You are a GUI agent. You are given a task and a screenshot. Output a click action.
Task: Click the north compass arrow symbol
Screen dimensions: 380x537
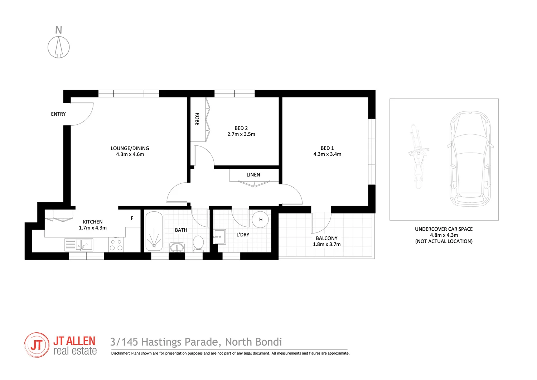pos(59,47)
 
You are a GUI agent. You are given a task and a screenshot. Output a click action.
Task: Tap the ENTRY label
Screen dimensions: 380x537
pos(58,114)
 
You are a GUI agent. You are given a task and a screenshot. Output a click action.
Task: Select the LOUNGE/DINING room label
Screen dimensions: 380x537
pos(130,148)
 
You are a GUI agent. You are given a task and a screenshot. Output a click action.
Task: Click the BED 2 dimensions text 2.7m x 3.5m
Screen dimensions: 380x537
pos(241,134)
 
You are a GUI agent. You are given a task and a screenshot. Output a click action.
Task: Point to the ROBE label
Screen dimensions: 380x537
pos(197,119)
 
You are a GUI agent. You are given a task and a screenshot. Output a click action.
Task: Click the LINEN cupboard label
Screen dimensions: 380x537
pos(253,175)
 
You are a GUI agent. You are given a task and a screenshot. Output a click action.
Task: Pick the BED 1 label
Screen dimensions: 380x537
pos(327,148)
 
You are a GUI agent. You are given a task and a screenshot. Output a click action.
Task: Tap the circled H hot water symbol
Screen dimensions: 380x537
pos(261,220)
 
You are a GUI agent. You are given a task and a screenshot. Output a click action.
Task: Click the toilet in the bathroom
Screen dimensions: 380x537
pos(198,243)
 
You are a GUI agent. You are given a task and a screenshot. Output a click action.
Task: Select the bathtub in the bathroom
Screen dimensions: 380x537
pos(154,231)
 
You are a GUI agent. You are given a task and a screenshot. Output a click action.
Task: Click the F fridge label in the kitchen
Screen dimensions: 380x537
pos(132,218)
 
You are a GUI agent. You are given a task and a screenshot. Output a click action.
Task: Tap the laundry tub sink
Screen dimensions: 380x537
pos(219,237)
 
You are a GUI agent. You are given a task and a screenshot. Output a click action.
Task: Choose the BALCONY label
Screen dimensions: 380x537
pos(326,238)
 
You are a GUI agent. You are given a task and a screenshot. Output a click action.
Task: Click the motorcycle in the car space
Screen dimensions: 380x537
pos(418,157)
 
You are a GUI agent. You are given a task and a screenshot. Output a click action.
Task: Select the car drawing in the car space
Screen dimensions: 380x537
pos(470,159)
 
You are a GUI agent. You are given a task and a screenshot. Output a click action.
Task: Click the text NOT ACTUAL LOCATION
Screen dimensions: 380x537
pos(444,241)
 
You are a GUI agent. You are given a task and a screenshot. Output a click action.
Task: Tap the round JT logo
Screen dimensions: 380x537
pos(37,345)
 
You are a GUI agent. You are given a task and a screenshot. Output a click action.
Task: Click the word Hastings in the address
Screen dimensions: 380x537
pos(161,342)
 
